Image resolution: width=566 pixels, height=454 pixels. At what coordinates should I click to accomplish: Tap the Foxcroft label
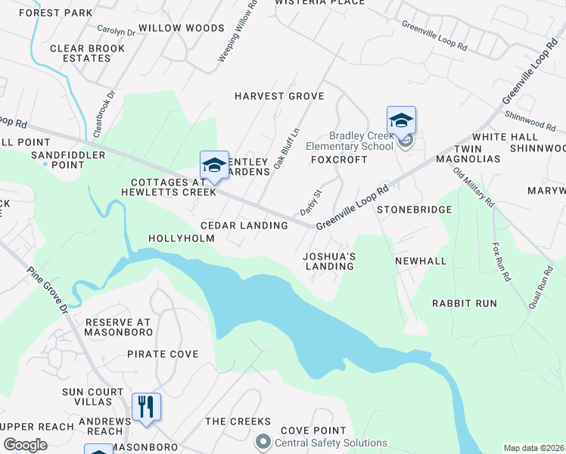point(339,160)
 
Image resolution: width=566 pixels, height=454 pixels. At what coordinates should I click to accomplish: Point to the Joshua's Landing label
point(329,261)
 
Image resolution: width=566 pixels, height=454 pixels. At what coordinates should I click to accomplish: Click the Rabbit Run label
point(464,303)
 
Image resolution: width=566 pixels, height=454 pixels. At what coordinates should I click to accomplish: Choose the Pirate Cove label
point(163,353)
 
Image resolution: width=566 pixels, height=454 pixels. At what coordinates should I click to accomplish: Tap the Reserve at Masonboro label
point(118,327)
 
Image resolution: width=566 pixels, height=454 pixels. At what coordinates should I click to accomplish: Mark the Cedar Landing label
point(244,225)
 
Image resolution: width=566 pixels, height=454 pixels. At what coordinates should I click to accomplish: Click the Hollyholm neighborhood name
point(181,238)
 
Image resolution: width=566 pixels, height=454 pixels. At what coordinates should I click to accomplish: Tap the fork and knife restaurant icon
point(145,406)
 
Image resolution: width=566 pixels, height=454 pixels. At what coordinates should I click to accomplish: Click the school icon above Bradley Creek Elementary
point(401,120)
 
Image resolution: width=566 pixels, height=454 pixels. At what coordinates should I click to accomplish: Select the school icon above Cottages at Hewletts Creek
point(214,165)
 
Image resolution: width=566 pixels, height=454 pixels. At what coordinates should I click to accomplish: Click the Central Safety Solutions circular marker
point(263,440)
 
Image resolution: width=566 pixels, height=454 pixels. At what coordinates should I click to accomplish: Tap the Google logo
point(25,444)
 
